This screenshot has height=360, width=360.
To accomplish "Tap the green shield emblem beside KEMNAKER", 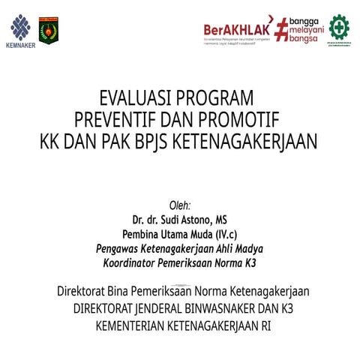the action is click(x=49, y=30).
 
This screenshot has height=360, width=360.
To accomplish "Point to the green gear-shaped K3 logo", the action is click(x=338, y=26).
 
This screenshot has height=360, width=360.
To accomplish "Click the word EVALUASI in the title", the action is click(x=135, y=98).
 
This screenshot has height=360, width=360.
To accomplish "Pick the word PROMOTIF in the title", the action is click(x=242, y=119).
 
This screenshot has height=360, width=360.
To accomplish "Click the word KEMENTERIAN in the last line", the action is click(x=128, y=326).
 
